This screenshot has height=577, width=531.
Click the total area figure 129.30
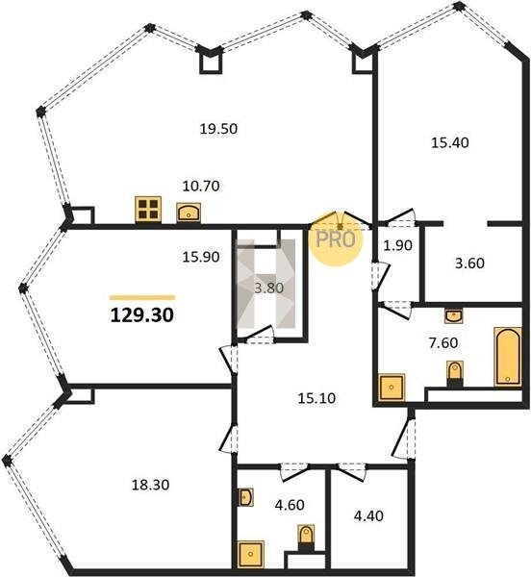coord(142,315)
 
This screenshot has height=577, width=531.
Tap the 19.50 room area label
coord(218,129)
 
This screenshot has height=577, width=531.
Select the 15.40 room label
coord(449,142)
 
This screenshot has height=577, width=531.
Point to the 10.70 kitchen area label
coord(201,187)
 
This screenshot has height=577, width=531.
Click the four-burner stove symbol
coord(148,210)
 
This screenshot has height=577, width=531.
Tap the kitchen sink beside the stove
coord(189,213)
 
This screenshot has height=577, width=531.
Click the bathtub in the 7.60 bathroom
coord(508,357)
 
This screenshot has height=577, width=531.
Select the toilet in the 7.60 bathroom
coord(455,373)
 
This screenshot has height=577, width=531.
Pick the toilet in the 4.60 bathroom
coord(306,538)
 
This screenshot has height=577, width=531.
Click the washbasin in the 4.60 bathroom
coord(246,497)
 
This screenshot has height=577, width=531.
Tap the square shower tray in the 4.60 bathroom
coord(251,554)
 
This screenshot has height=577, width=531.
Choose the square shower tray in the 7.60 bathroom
coord(392,388)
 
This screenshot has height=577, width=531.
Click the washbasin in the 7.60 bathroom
coord(454,315)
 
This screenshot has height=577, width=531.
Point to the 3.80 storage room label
coord(269,288)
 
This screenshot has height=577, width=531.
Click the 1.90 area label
coord(398,245)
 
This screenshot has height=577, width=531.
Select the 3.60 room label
coord(469,263)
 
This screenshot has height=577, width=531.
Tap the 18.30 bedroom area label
coord(150,485)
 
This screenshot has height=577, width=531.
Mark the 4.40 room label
coord(368,515)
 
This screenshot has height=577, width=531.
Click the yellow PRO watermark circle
coord(335,238)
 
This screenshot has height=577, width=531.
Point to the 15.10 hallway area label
coord(316,398)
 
